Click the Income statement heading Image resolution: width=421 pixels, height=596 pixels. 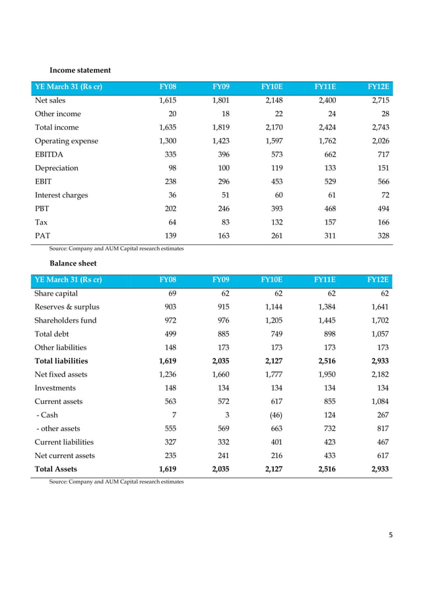coord(80,70)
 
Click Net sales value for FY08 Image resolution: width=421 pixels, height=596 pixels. coord(168,100)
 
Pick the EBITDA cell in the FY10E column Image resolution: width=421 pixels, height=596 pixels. coord(273,154)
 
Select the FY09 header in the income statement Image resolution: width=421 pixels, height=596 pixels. coord(220,87)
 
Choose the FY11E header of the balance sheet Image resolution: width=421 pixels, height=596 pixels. coord(326,279)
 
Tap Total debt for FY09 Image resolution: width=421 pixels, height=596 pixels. coord(221,333)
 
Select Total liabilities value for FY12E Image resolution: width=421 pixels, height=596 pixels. coord(379,361)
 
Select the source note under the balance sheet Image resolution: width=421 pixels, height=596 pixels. coord(117,482)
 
